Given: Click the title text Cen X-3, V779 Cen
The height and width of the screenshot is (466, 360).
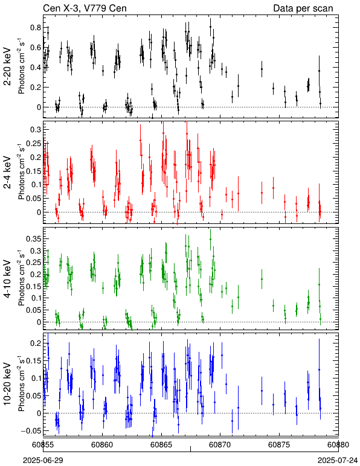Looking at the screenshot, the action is coord(85,8).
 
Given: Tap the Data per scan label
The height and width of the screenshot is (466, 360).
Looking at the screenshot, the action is coord(303,8).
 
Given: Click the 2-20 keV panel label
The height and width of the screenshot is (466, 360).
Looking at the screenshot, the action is coord(7,66).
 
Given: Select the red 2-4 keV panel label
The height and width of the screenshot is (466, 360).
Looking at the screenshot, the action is coord(7,173).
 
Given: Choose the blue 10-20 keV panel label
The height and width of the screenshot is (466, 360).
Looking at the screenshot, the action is coord(7,384).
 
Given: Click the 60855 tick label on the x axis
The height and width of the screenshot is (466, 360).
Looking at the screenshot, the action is coord(43,445).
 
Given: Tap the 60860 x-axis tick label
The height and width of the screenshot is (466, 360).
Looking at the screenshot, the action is coord(102,445).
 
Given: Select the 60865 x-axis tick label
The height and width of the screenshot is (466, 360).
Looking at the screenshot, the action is coord(161,445).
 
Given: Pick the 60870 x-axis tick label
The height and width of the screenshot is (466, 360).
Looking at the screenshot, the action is coord(220,445).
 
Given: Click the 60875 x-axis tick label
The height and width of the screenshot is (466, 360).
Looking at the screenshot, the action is coord(279,445).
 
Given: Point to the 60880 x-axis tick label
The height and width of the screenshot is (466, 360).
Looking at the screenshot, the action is coord(338,445).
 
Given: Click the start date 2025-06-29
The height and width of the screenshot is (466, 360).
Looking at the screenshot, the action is coord(43,461).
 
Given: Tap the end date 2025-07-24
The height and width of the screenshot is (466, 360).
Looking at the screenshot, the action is coord(338,461).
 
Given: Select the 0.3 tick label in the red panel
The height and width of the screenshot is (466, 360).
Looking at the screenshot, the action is coord(35,129).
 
